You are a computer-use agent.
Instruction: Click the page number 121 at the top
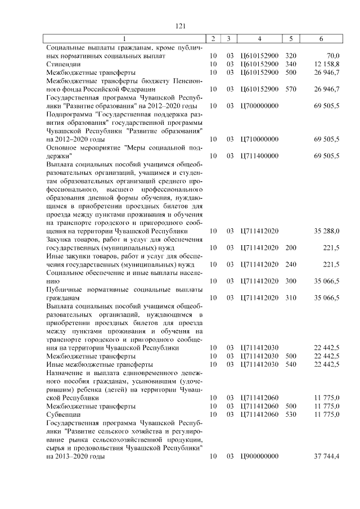tap(180, 26)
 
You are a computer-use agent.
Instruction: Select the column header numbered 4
tap(259, 39)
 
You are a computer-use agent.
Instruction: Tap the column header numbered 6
tap(321, 39)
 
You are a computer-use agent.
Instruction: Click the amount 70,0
tap(332, 56)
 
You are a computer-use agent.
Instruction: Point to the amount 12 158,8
tap(327, 65)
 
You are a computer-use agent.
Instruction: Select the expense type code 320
tap(290, 56)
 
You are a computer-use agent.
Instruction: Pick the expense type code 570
tap(290, 89)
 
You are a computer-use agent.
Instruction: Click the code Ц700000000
tap(259, 106)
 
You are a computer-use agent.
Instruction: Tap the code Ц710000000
tap(259, 138)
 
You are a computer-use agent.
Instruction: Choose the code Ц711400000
tap(259, 155)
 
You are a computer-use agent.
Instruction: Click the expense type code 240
tap(290, 264)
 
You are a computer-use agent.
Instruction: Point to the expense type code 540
tap(290, 364)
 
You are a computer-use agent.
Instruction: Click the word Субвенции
tap(63, 414)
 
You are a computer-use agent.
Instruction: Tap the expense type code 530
tap(290, 414)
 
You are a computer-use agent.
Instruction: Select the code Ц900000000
tap(259, 456)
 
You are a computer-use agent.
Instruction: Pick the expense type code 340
tap(290, 65)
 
